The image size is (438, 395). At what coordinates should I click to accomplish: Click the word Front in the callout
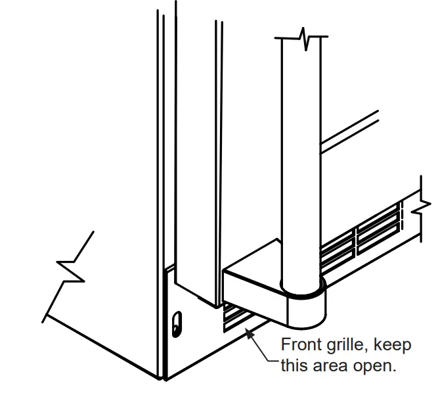(301, 345)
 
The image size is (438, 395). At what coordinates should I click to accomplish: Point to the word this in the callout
(293, 365)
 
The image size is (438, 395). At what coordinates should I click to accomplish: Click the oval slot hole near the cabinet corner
(175, 323)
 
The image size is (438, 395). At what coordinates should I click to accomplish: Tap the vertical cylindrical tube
(301, 164)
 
